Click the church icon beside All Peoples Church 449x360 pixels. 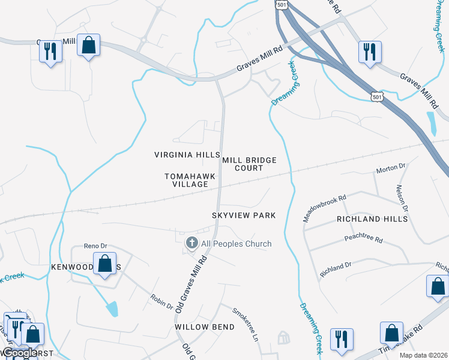191,243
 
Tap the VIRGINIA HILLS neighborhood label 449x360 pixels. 187,155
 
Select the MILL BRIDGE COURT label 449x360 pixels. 249,164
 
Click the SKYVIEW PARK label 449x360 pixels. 244,215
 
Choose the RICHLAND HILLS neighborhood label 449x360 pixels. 372,219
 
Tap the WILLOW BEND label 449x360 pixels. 199,328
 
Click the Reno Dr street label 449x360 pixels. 95,246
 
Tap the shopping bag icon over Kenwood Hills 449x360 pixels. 105,263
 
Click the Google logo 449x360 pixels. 20,353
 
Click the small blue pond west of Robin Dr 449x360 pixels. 112,309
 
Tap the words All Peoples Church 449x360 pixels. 236,244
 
